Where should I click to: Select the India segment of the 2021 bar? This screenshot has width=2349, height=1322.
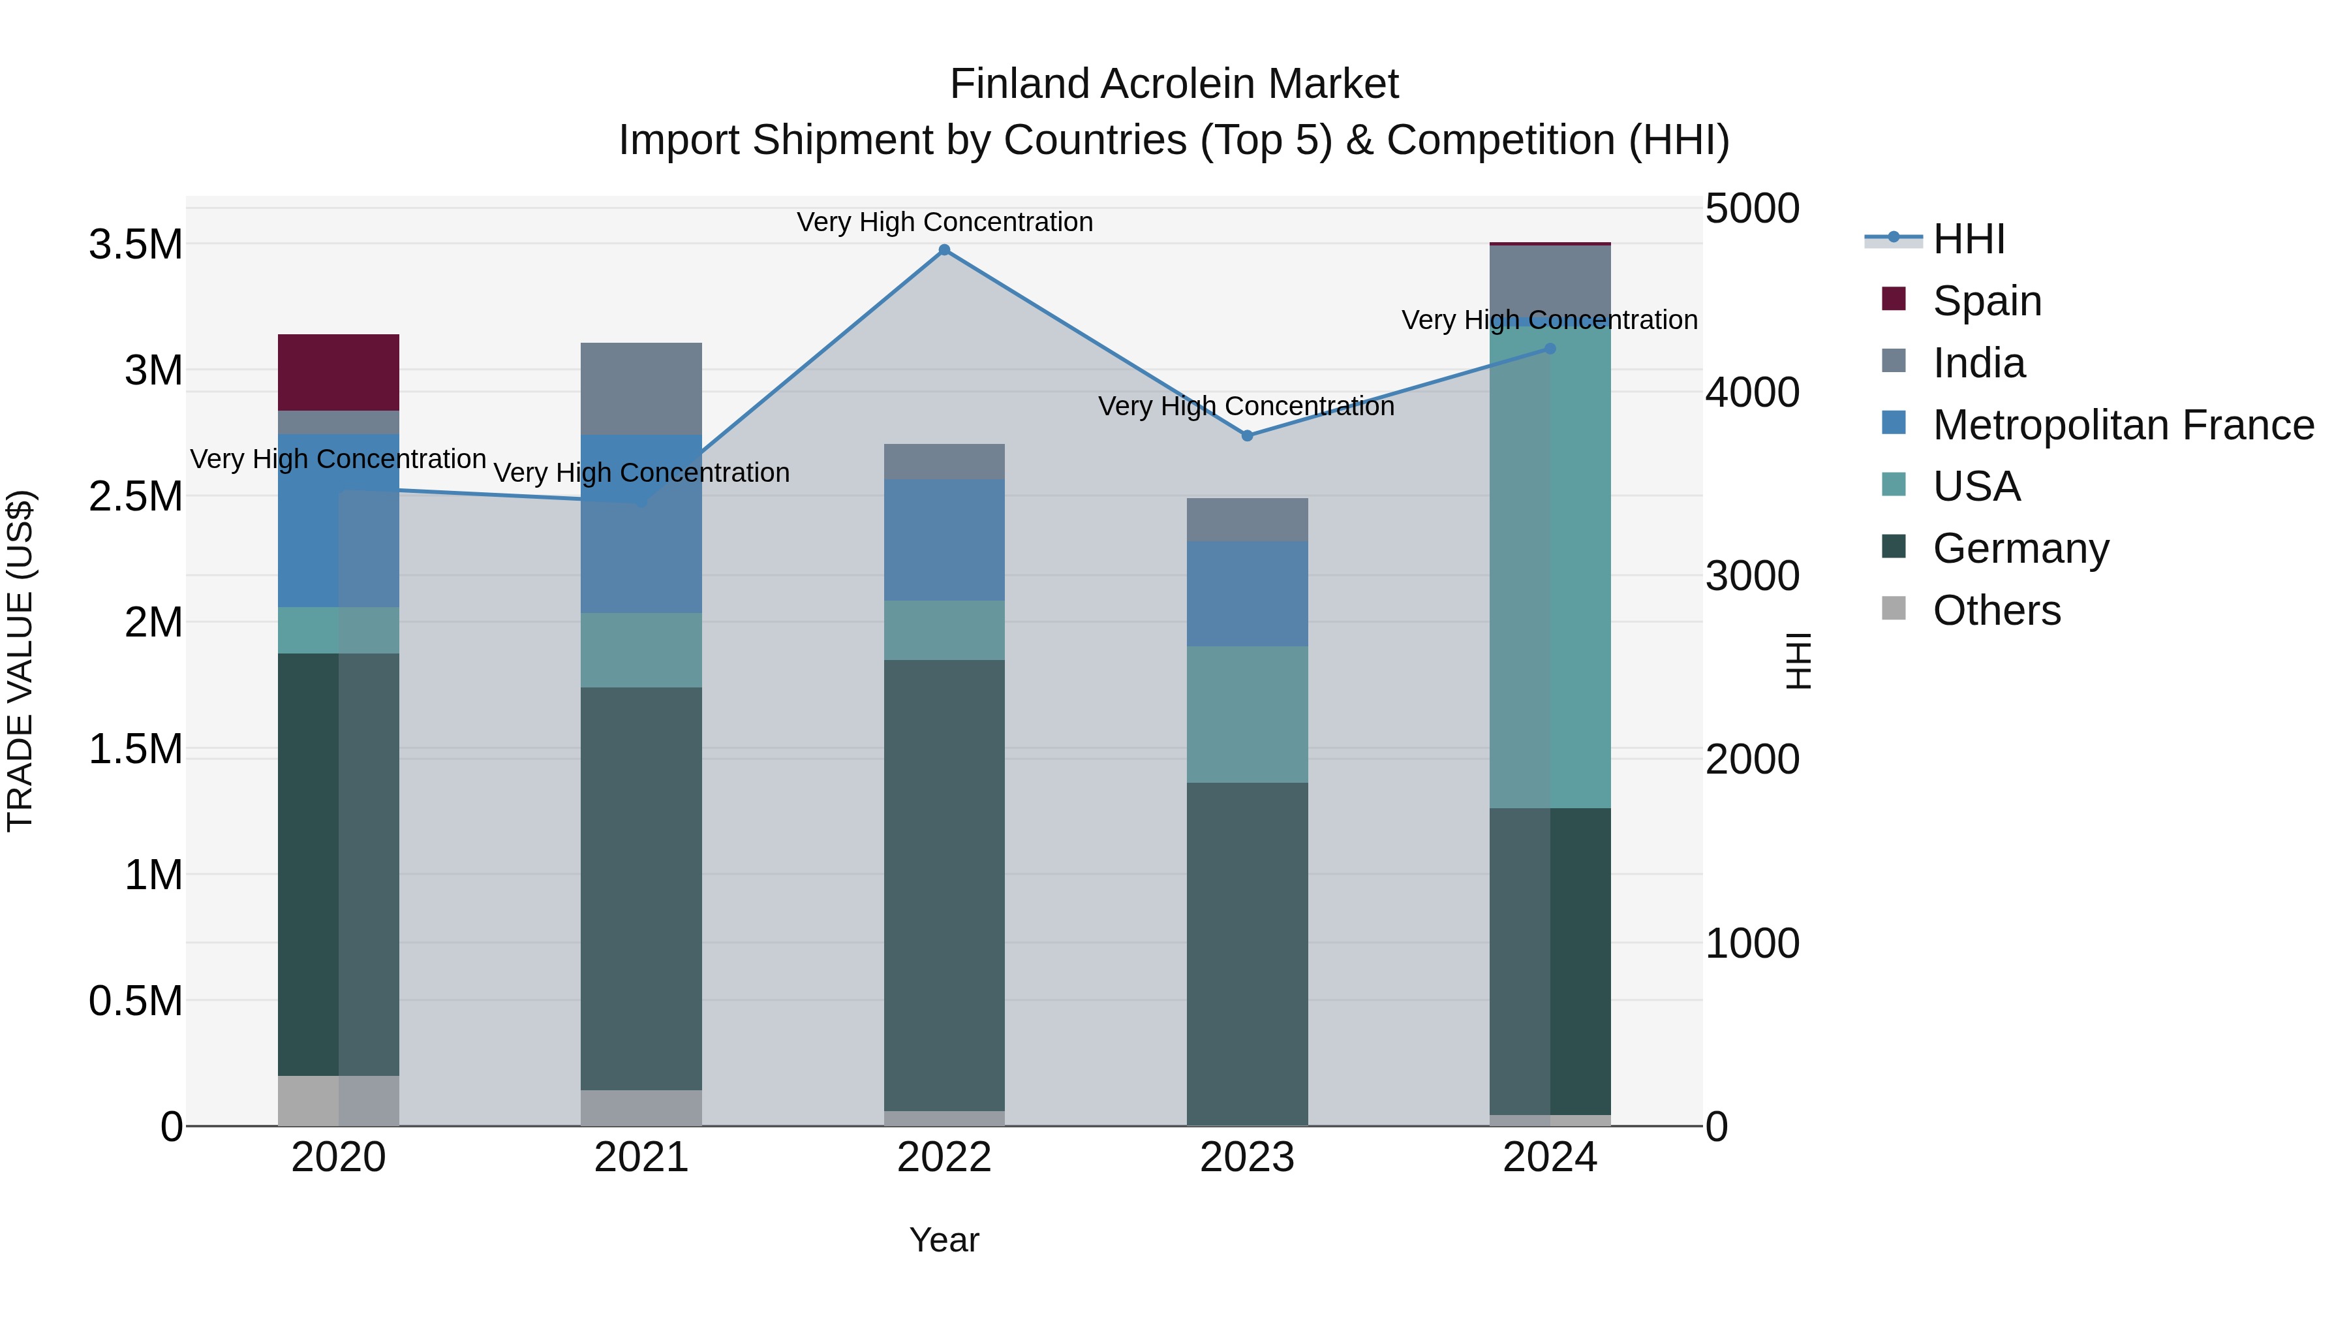point(641,388)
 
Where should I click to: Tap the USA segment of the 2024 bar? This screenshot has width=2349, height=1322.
point(1550,565)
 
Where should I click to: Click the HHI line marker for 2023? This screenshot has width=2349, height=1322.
point(1248,435)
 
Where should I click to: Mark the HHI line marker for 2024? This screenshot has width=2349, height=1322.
point(1550,349)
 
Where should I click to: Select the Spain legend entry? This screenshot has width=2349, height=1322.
point(1986,301)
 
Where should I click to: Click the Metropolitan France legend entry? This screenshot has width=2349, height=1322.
point(2122,425)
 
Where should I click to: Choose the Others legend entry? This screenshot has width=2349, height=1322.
point(1996,610)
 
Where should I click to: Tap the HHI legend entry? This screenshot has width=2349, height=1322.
point(1968,239)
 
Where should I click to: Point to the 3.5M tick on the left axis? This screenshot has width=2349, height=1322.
point(135,245)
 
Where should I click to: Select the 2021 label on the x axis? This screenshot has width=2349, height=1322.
point(641,1157)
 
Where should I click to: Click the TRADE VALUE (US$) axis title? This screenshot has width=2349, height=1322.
point(20,661)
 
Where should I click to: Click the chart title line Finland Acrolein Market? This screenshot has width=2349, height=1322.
point(1174,84)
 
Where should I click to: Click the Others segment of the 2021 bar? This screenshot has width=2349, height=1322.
point(641,1108)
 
